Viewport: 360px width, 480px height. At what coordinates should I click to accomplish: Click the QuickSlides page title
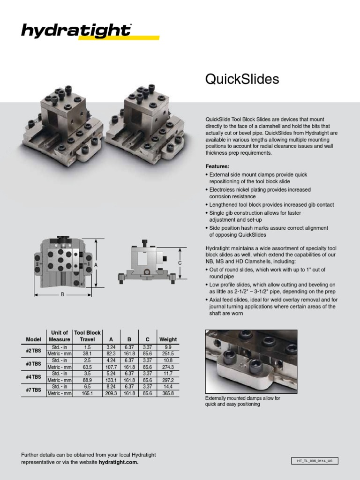[x=242, y=79]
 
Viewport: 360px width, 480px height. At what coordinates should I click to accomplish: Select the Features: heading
[x=217, y=166]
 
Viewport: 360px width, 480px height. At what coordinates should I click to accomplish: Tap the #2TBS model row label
[x=33, y=350]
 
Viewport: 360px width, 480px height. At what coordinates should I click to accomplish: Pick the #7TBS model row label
[x=33, y=390]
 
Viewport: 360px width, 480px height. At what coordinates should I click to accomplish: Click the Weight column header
[x=168, y=339]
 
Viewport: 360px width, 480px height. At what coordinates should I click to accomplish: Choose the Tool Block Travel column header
[x=87, y=336]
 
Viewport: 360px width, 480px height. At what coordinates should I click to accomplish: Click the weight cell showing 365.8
[x=168, y=394]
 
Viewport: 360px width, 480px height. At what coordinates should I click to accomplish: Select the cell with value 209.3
[x=111, y=394]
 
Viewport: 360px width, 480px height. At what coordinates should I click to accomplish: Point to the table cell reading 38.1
[x=87, y=354]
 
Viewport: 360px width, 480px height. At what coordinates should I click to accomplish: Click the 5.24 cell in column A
[x=111, y=374]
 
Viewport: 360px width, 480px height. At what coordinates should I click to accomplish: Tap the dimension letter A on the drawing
[x=96, y=265]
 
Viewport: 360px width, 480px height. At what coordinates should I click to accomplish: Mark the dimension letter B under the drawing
[x=62, y=295]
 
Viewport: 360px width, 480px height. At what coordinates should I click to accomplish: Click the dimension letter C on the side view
[x=180, y=263]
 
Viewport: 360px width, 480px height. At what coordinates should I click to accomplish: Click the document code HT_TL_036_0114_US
[x=315, y=461]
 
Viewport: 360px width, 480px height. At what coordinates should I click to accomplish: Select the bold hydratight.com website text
[x=119, y=462]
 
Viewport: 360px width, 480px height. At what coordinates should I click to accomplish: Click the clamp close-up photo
[x=251, y=361]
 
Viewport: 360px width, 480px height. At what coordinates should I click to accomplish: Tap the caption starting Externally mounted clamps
[x=242, y=401]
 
